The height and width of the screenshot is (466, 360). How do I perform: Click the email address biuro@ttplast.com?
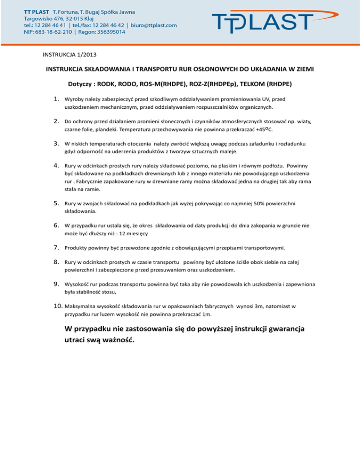[x=153, y=25]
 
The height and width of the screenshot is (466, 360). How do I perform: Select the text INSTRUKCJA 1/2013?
[x=70, y=55]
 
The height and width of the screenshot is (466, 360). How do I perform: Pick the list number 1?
[x=55, y=99]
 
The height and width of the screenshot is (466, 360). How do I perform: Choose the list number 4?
[x=55, y=165]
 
